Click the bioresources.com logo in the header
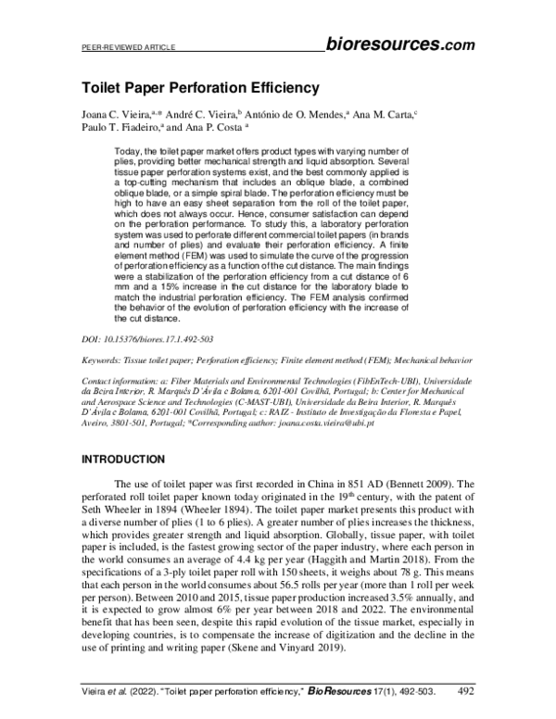[x=400, y=44]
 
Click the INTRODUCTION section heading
[x=123, y=459]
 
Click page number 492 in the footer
[x=471, y=689]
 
